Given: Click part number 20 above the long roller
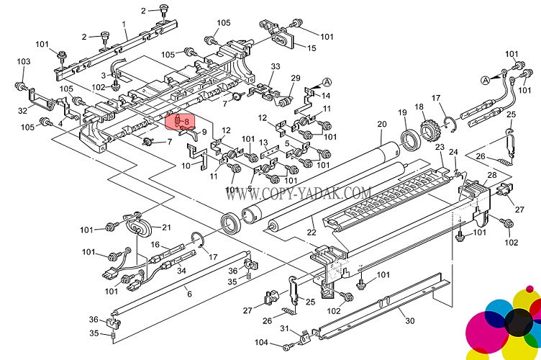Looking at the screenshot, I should (x=381, y=125).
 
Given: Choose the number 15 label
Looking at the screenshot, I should (x=312, y=48).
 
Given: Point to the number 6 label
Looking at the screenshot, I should (x=189, y=294).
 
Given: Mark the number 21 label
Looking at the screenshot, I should (x=166, y=228).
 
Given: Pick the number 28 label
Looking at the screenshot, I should (x=492, y=176).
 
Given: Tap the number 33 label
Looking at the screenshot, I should (x=275, y=67).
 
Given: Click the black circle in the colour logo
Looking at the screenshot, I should (x=517, y=321).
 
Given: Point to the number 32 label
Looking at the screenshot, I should (x=23, y=110).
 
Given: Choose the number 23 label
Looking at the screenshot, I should (x=439, y=147).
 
